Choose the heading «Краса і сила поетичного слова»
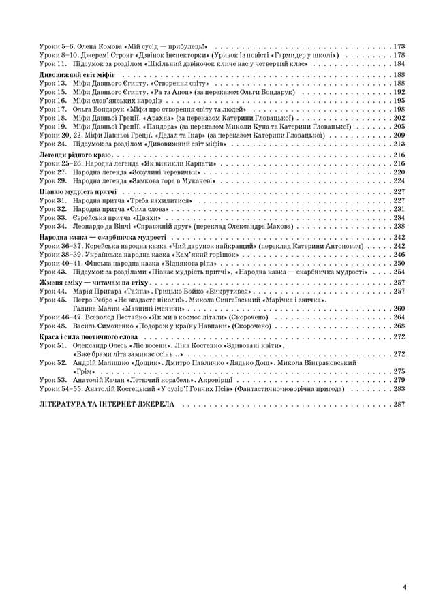pos(86,336)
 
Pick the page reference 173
pos(399,46)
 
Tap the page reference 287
pos(399,404)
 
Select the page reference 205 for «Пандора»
pos(399,126)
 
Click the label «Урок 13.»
pos(52,82)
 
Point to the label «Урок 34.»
pos(52,226)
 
